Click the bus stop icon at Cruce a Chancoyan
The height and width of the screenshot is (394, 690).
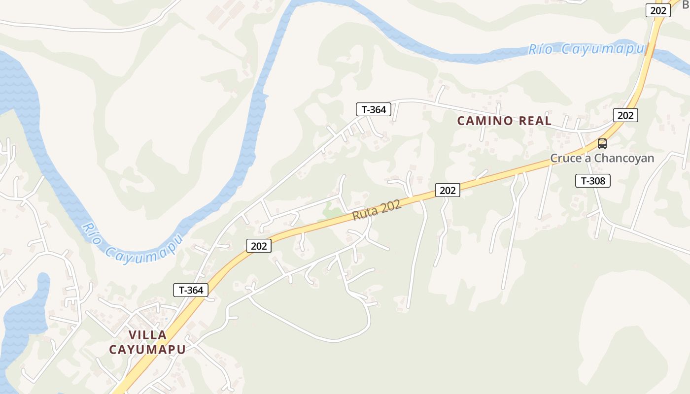pyautogui.click(x=602, y=144)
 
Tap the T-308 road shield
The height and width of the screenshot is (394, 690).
pyautogui.click(x=593, y=181)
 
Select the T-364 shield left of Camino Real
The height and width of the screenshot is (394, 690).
pyautogui.click(x=374, y=109)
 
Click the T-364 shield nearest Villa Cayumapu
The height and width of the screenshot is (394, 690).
pyautogui.click(x=191, y=290)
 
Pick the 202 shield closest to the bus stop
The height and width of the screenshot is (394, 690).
pyautogui.click(x=625, y=115)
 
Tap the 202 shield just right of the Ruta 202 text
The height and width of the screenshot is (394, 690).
pyautogui.click(x=448, y=190)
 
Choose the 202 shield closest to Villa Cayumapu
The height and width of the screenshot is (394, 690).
pyautogui.click(x=259, y=246)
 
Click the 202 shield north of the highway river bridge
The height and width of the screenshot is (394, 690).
pyautogui.click(x=658, y=10)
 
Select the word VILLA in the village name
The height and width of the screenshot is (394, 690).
pyautogui.click(x=147, y=335)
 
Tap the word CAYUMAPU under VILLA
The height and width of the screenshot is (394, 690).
pyautogui.click(x=147, y=349)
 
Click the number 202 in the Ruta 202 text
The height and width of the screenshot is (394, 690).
pyautogui.click(x=390, y=205)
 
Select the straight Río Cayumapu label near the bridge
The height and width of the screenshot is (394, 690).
pyautogui.click(x=586, y=49)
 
